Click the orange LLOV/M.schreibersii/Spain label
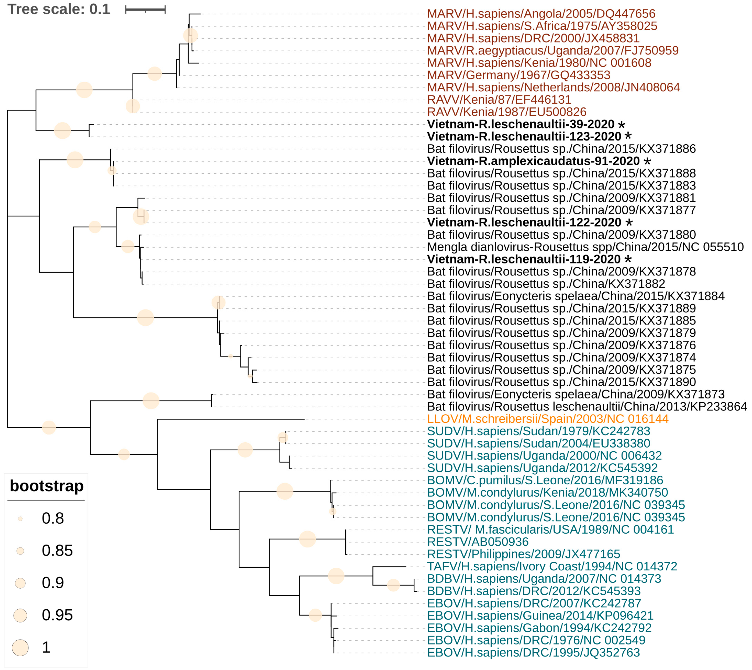point(547,419)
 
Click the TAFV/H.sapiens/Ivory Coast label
point(552,567)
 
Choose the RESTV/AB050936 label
point(477,542)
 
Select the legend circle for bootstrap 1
point(20,648)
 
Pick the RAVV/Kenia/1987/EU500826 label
point(506,112)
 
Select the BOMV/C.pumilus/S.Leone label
point(545,481)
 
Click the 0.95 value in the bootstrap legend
point(57,615)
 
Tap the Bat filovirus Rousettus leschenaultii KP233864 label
point(587,407)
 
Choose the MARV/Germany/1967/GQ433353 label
point(518,75)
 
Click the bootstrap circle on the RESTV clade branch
point(307,539)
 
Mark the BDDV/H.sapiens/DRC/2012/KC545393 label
point(533,591)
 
